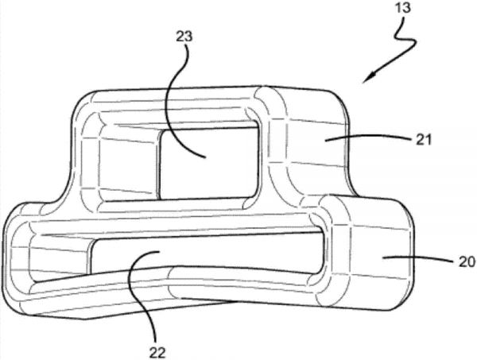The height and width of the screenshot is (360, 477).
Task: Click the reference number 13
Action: point(403,8)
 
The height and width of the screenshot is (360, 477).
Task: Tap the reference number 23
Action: point(184,37)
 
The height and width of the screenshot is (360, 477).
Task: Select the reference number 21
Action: point(423,140)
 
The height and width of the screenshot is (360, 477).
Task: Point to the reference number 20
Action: point(467,261)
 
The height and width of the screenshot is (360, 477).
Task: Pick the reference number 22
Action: point(157,353)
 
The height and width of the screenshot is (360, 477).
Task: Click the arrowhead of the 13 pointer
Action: point(369,78)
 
